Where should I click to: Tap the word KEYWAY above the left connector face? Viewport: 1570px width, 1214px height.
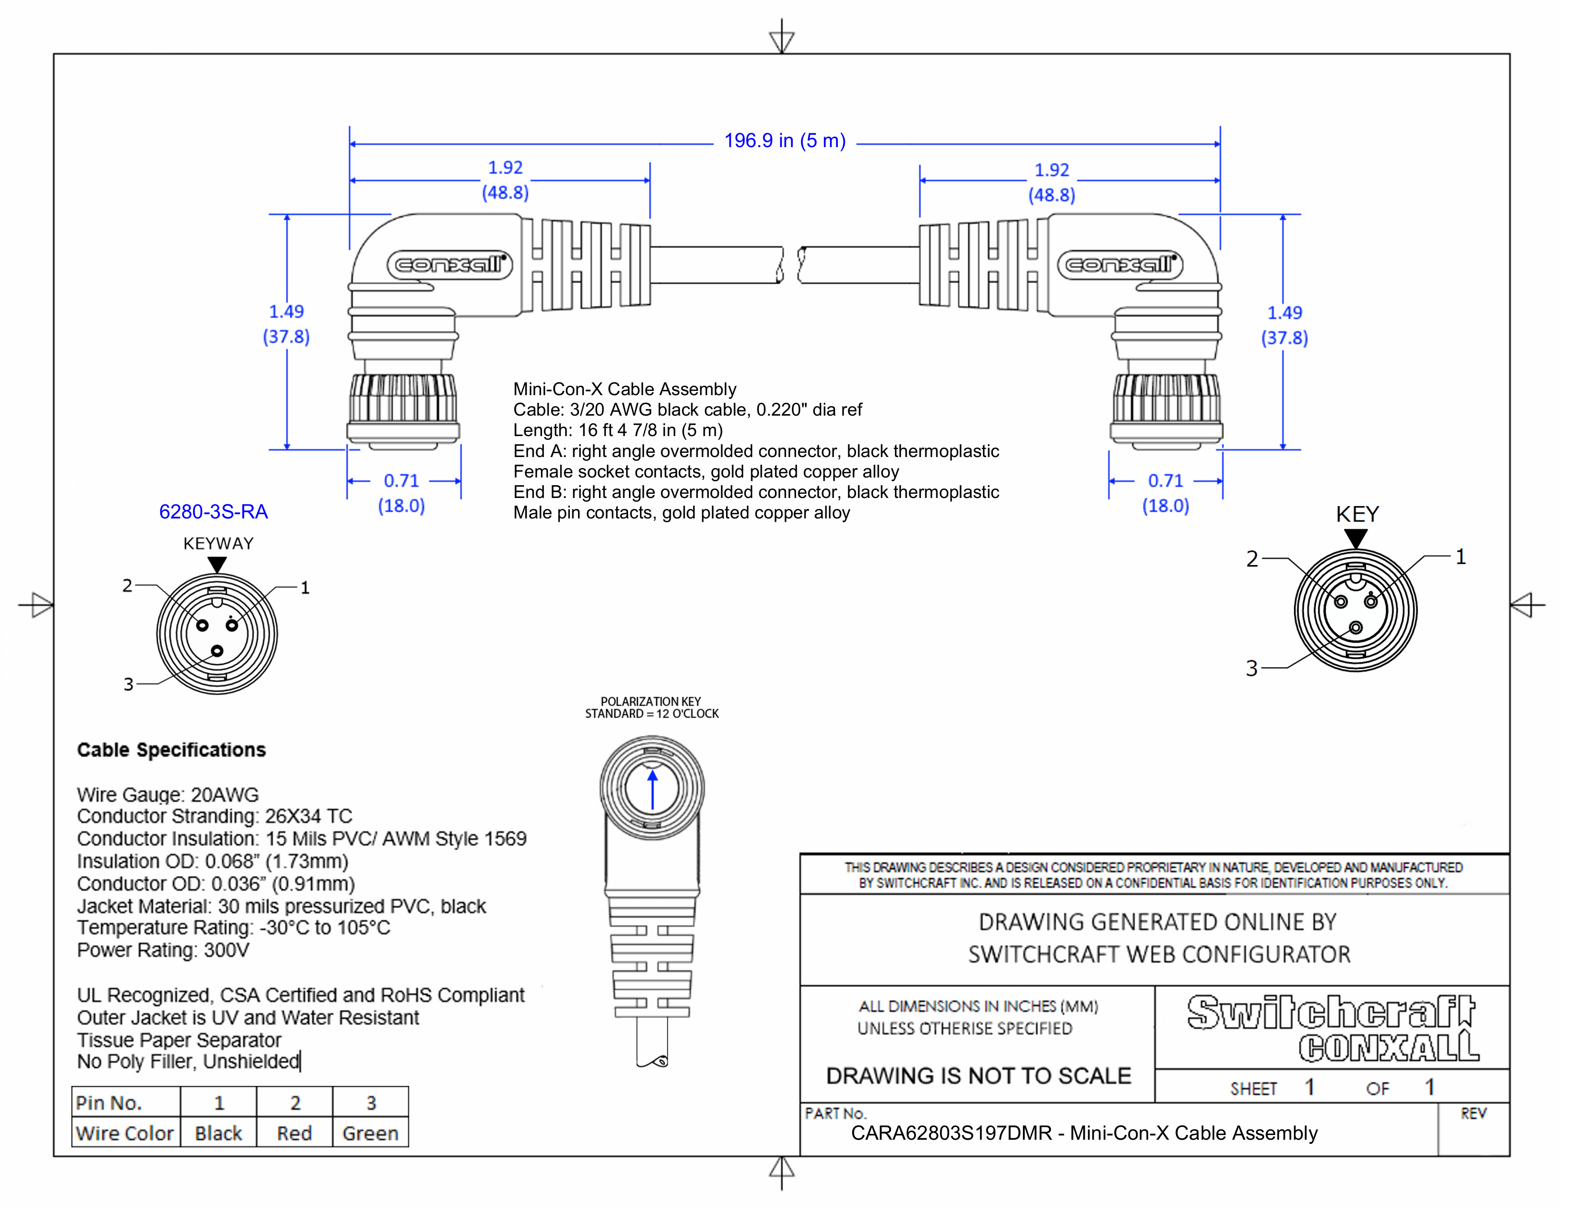(218, 544)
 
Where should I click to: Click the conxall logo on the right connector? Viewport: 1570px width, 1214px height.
(1120, 265)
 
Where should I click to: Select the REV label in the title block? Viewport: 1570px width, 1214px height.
(1473, 1114)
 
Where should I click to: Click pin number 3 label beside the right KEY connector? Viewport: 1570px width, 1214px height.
(1252, 668)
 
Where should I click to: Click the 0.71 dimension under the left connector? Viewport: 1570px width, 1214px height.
(401, 480)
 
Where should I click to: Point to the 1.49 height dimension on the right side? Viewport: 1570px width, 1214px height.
(1284, 313)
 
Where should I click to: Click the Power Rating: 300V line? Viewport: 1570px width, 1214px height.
(163, 950)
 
